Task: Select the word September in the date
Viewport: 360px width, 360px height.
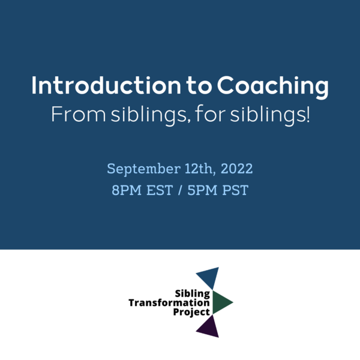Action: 140,169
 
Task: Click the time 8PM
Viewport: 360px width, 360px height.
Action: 125,191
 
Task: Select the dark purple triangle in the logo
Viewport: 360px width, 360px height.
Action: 209,326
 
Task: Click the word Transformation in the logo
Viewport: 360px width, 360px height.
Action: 169,303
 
